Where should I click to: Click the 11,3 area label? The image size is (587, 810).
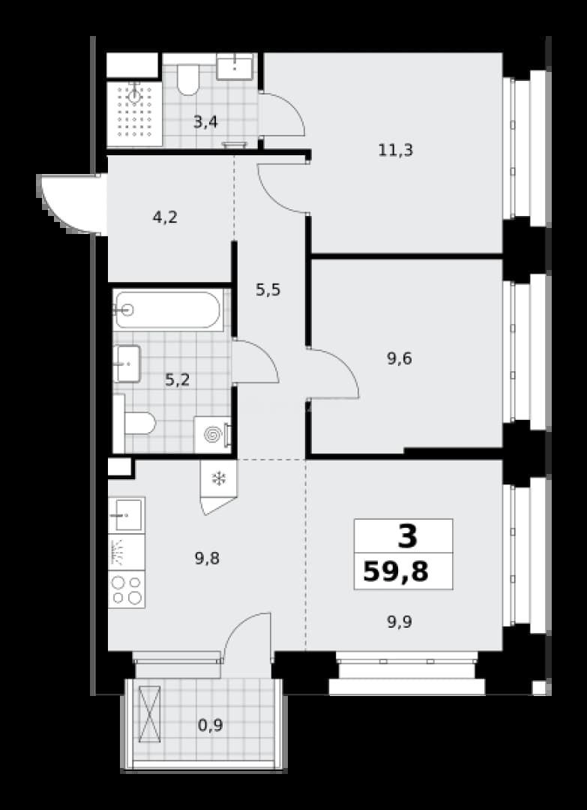pyautogui.click(x=396, y=151)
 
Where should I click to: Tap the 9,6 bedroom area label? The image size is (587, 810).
pyautogui.click(x=400, y=358)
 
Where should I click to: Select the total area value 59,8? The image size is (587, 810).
pyautogui.click(x=396, y=572)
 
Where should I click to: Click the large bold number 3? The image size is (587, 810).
pyautogui.click(x=407, y=537)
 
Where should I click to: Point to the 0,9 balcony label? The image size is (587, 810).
pyautogui.click(x=211, y=726)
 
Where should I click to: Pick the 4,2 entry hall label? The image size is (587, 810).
pyautogui.click(x=165, y=217)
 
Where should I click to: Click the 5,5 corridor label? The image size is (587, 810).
pyautogui.click(x=268, y=290)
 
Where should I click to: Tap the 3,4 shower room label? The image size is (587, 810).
pyautogui.click(x=205, y=123)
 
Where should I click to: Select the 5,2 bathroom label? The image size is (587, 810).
pyautogui.click(x=178, y=380)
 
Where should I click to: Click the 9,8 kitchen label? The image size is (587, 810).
pyautogui.click(x=208, y=559)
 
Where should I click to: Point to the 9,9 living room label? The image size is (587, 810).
pyautogui.click(x=400, y=622)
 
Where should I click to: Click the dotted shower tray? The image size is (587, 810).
pyautogui.click(x=135, y=113)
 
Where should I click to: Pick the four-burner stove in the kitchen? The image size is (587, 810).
pyautogui.click(x=127, y=589)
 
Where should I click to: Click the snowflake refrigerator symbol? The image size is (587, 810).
pyautogui.click(x=219, y=478)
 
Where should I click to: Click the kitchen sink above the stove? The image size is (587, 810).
pyautogui.click(x=127, y=515)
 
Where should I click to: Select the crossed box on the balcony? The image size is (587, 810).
pyautogui.click(x=150, y=713)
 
